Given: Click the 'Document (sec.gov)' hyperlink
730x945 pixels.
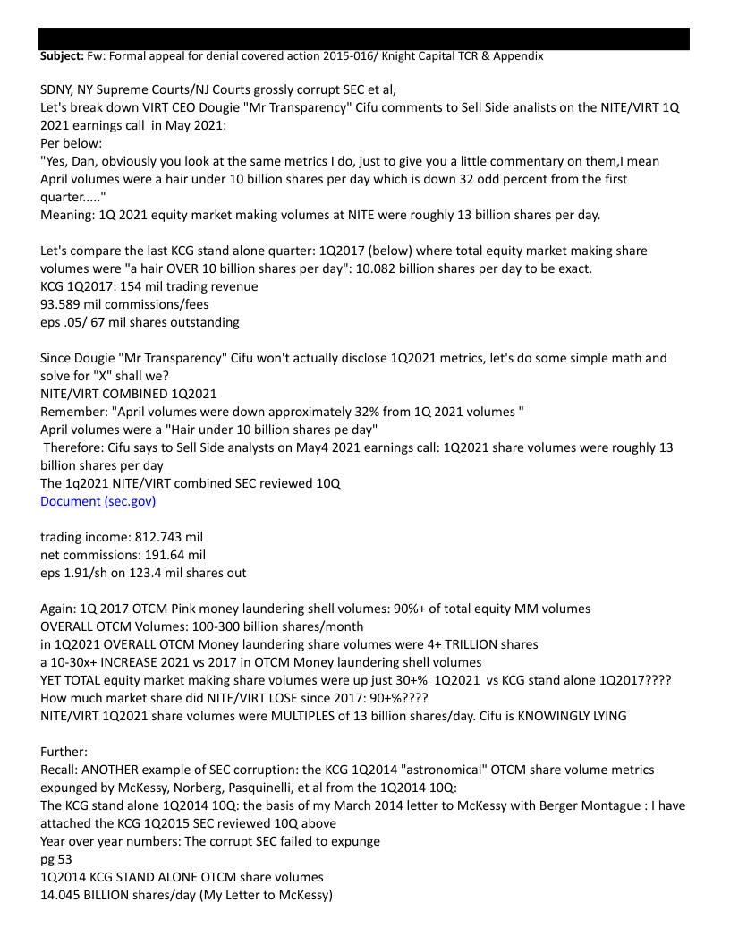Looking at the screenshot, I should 98,501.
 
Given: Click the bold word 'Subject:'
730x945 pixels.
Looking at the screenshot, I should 62,55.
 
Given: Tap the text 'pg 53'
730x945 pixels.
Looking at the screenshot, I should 56,859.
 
